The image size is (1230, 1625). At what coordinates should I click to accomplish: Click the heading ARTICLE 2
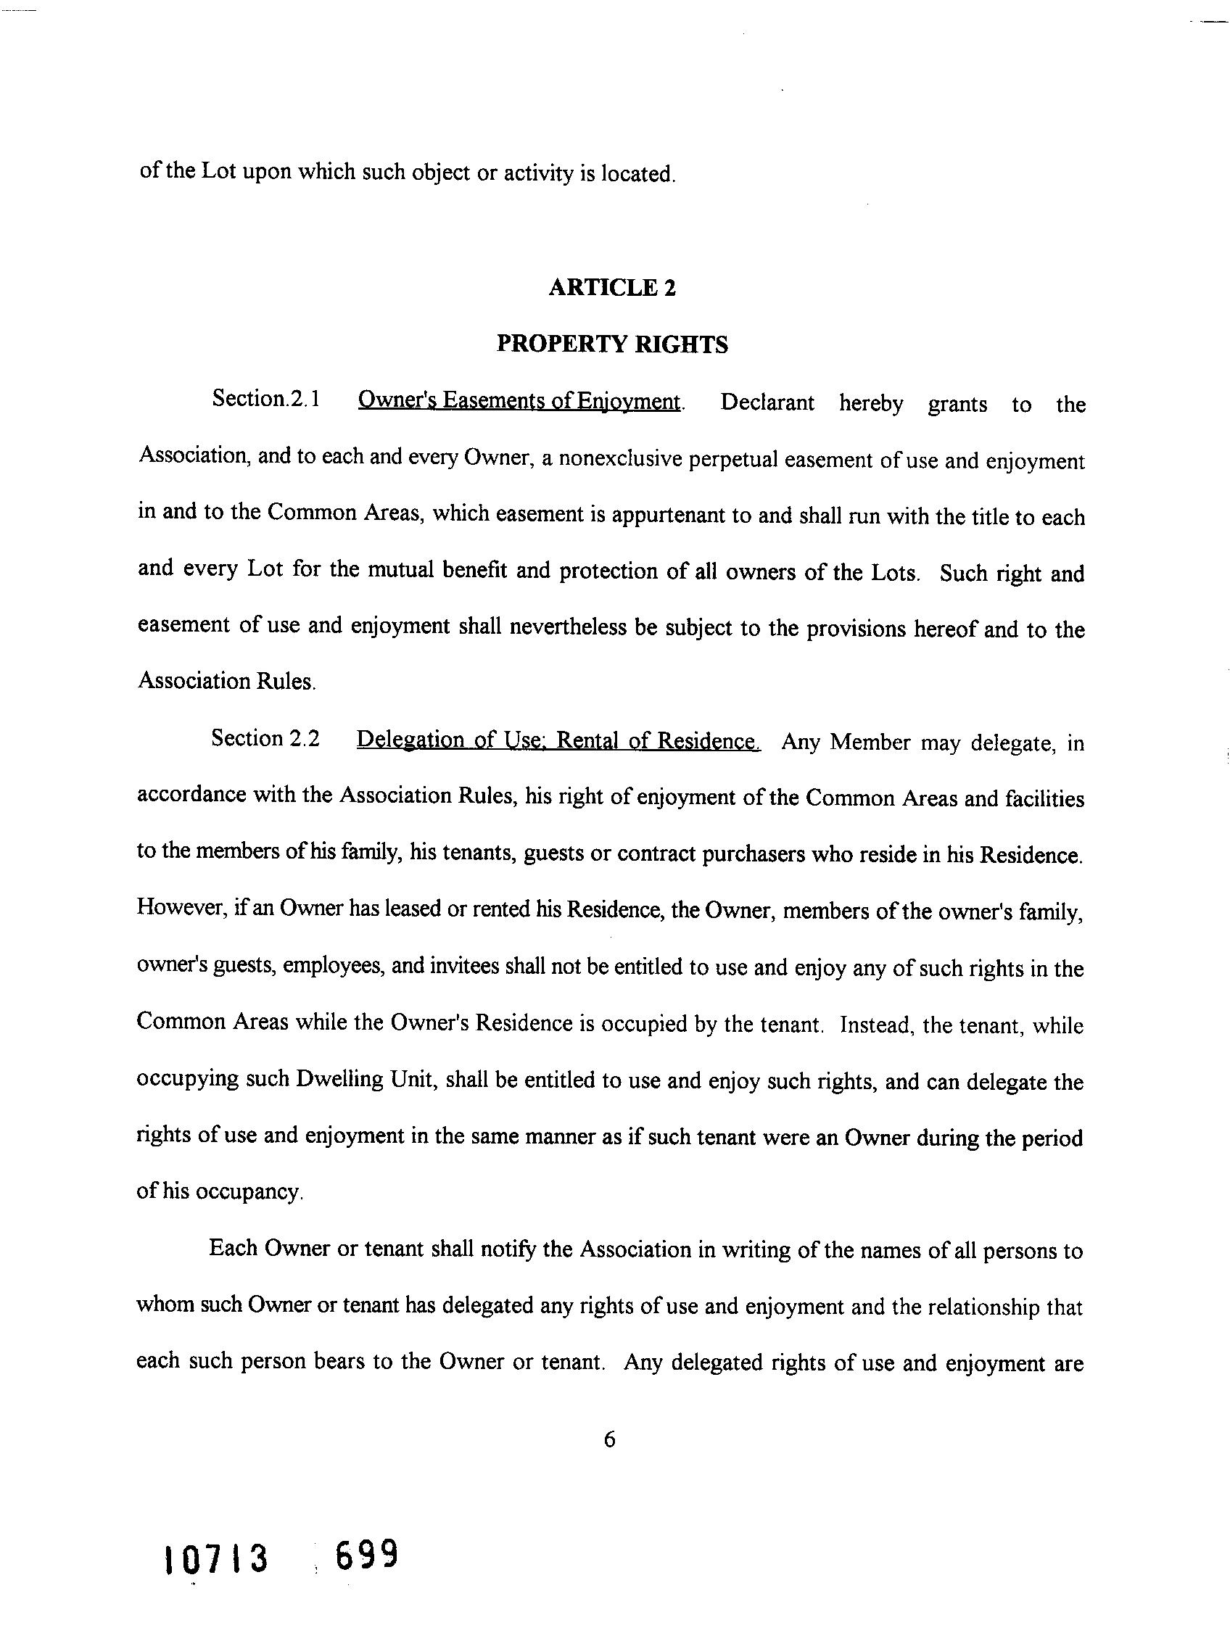click(611, 287)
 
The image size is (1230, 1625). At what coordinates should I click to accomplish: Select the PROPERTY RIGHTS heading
click(612, 344)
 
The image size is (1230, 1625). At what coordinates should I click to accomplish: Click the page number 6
click(609, 1439)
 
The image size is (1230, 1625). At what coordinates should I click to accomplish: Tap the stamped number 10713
click(217, 1559)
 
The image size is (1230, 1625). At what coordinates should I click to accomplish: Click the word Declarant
click(767, 402)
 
